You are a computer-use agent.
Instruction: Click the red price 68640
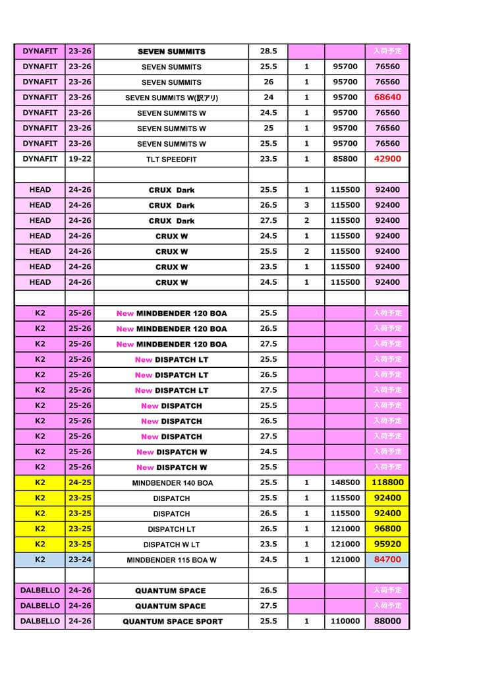point(387,98)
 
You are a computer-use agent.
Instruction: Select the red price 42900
point(387,159)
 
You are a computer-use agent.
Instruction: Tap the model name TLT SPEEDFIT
point(171,160)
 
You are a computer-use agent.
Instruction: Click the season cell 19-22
point(80,159)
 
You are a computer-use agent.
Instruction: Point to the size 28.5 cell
point(268,51)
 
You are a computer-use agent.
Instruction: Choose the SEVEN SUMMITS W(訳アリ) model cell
point(171,98)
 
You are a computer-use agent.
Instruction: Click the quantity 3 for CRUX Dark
point(306,205)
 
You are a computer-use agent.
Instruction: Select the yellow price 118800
point(387,483)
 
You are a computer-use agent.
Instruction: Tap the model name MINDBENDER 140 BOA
point(171,483)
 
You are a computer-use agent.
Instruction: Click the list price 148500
point(345,483)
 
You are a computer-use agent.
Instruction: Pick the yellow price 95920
point(387,544)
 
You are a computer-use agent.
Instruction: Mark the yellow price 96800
point(387,529)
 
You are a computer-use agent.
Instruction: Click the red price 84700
point(387,560)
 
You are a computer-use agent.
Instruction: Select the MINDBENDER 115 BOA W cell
point(171,560)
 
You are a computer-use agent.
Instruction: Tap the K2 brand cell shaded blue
point(40,560)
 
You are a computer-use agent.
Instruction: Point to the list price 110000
point(345,621)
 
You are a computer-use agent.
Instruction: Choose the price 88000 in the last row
point(387,621)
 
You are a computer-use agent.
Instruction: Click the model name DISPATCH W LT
point(171,545)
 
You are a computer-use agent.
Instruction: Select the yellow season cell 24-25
point(80,483)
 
